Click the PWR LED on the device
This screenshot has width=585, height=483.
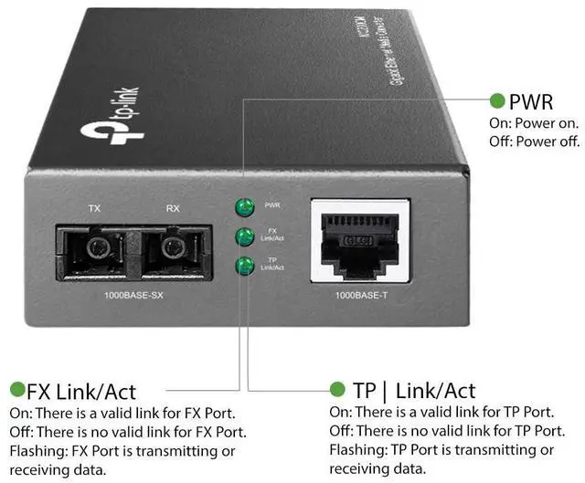[x=244, y=206]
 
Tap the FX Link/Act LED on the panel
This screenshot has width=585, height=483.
[x=244, y=236]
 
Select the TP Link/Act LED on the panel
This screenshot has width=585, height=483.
[x=244, y=266]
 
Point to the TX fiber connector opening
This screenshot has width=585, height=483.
[x=94, y=248]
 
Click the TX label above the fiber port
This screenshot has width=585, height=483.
[x=94, y=209]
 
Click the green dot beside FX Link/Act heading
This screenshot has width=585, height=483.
[x=16, y=391]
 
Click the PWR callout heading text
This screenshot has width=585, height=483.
[x=531, y=100]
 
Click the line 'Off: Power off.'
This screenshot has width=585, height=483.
[x=535, y=141]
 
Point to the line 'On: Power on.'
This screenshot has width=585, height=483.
[x=533, y=122]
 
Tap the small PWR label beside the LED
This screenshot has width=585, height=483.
[x=271, y=206]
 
